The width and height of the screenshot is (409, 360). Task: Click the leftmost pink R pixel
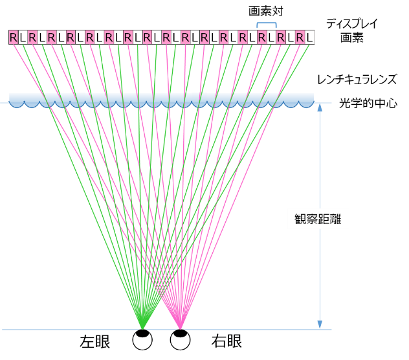point(13,37)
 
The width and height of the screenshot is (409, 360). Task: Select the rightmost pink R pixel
point(300,37)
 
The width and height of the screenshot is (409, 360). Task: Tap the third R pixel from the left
point(51,37)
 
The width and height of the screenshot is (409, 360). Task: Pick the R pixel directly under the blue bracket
point(261,37)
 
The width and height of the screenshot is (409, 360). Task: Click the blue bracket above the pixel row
point(267,24)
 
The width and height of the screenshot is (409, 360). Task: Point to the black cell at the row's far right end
point(310,37)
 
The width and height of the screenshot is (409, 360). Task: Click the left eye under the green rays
point(142,340)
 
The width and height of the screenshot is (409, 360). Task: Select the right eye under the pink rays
point(180,340)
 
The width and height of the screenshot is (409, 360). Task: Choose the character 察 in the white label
point(313,219)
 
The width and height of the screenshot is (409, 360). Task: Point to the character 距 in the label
point(324,219)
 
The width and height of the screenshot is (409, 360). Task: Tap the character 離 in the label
point(336,219)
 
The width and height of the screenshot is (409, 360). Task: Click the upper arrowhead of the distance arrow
point(320,107)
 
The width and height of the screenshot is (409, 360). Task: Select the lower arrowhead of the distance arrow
point(320,324)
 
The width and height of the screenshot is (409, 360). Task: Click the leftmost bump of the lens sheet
point(16,102)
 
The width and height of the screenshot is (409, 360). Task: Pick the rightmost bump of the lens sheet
point(306,102)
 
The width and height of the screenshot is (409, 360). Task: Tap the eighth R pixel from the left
point(147,37)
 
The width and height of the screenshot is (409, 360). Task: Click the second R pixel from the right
point(281,37)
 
